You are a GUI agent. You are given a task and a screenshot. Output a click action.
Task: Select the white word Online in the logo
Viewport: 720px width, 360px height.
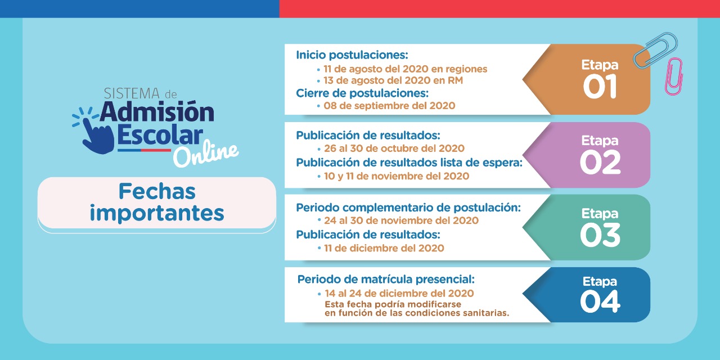tap(206, 154)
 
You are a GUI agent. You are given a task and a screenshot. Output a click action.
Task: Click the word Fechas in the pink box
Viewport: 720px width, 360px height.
tap(157, 192)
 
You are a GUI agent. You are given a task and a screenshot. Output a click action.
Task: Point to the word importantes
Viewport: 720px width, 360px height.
tap(157, 213)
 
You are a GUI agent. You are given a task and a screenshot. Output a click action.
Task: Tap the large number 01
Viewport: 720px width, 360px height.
tap(600, 86)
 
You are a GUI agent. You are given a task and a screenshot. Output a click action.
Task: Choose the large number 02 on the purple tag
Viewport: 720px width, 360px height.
tap(600, 163)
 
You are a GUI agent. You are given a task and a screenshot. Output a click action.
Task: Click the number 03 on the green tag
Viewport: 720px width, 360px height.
tap(600, 235)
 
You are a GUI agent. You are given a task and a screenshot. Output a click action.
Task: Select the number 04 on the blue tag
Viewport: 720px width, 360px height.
tap(600, 301)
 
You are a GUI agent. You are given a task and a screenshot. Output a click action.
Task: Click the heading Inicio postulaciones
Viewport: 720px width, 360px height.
tap(352, 55)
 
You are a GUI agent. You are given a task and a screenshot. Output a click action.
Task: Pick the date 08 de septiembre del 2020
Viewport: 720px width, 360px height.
tap(389, 106)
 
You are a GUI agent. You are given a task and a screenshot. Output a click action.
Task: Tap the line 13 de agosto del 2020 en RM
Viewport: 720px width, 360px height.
tap(393, 80)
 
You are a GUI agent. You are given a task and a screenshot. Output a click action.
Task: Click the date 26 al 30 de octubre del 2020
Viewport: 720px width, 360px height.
tap(394, 148)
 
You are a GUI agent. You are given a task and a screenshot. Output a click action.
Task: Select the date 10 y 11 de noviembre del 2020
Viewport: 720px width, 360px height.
tap(397, 176)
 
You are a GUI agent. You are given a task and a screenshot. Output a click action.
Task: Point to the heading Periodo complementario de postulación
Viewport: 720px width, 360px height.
tap(408, 208)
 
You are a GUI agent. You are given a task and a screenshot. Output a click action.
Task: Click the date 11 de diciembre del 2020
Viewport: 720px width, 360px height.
tap(384, 248)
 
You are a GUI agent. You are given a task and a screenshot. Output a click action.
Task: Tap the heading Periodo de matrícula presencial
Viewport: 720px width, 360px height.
tap(386, 280)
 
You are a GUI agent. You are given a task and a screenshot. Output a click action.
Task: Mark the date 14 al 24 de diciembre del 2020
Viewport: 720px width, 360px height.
tap(399, 293)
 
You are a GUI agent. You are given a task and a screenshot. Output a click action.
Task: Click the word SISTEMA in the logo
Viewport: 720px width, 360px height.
tap(132, 93)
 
